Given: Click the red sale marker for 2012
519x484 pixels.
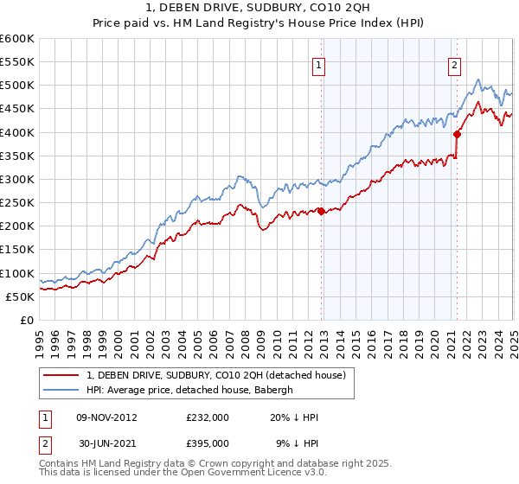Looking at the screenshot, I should coord(321,211).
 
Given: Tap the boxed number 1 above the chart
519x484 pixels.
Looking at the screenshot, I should coord(319,63).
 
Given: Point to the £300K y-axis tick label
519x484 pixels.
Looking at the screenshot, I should coord(17,179).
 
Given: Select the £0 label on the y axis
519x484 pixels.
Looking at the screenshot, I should coord(28,320).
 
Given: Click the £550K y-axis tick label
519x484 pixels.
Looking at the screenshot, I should coord(17,62).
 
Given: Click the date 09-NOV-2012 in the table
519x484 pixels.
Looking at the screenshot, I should coord(106,417).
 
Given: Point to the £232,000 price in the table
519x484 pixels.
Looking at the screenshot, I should coord(207,417).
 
